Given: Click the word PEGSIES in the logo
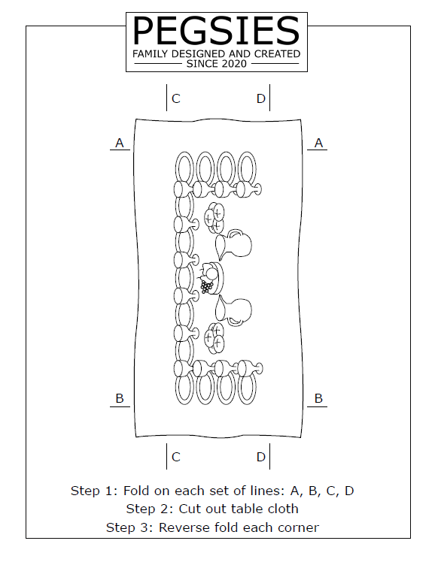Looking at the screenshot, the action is (217, 31).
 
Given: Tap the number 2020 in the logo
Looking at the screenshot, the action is (234, 64).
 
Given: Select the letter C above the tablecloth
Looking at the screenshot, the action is (176, 98).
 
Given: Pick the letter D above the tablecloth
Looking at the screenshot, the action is (261, 98).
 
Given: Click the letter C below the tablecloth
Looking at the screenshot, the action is (176, 457).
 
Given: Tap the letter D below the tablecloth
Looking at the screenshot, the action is (261, 457).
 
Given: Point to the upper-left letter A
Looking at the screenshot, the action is (120, 143).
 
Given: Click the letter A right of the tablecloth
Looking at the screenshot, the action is (318, 143).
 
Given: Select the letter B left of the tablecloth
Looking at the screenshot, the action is (120, 398).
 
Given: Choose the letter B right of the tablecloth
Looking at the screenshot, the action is (318, 398).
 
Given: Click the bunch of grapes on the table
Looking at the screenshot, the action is (206, 286).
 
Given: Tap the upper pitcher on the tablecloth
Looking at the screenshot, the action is (233, 244).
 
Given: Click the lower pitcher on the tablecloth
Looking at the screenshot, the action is (233, 310).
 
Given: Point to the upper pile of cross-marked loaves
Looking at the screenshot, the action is (214, 217).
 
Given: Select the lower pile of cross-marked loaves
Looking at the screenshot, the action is (214, 337).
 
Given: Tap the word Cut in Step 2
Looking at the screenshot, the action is (189, 509).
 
